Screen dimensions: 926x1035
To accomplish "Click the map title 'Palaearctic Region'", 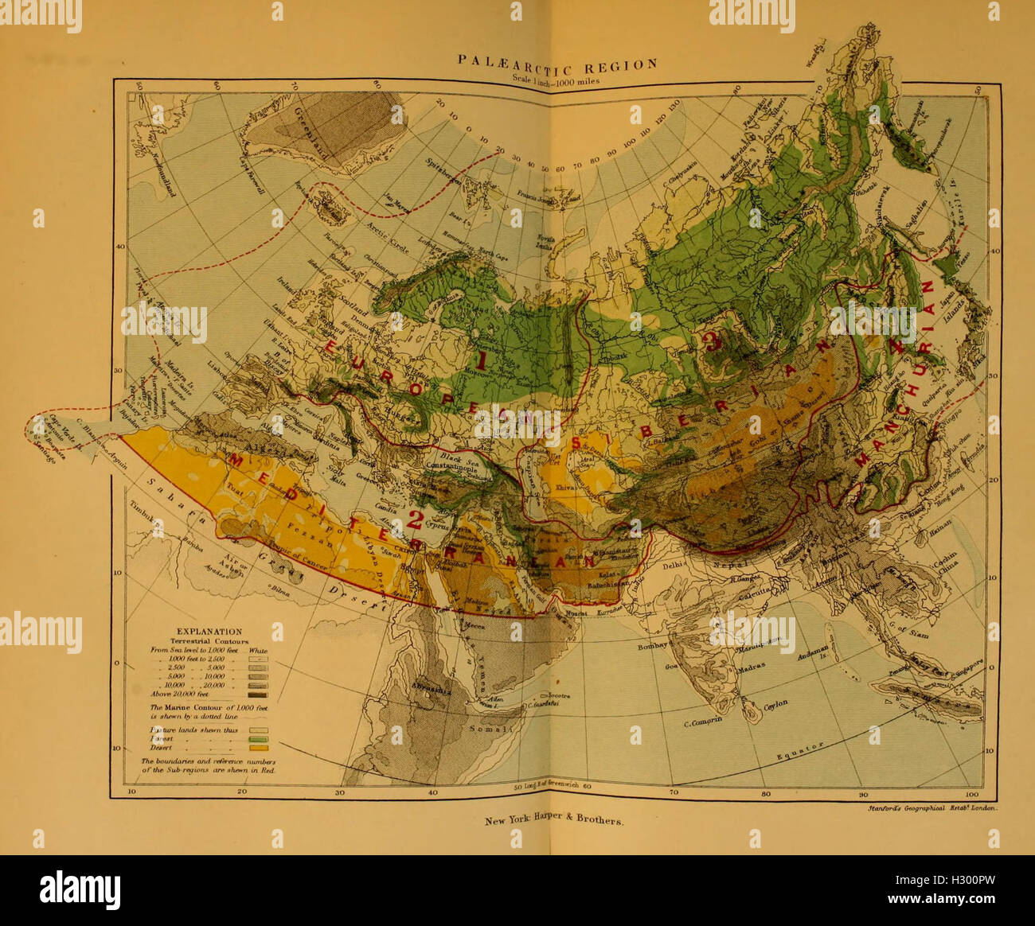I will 557,64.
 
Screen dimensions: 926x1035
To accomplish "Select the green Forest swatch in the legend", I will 259,737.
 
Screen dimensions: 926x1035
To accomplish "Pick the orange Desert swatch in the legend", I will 259,748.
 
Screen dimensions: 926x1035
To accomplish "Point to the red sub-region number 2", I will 415,520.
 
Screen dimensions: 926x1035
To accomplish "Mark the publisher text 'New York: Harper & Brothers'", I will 554,820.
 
